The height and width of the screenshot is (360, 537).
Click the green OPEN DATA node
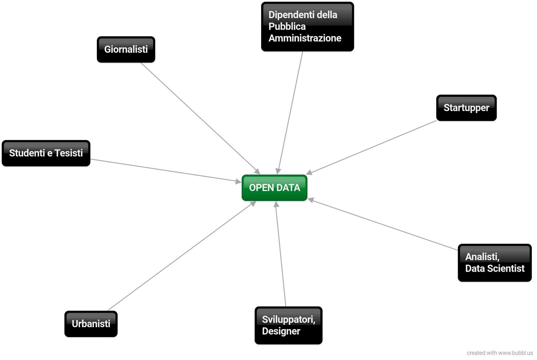[x=274, y=188]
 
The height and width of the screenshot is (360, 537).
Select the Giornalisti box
[x=126, y=50]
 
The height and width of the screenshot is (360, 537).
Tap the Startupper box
[x=466, y=108]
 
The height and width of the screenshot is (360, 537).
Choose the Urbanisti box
[x=91, y=324]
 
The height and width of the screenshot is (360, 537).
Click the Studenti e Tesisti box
[x=46, y=153]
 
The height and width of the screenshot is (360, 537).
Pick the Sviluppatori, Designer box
[x=288, y=325]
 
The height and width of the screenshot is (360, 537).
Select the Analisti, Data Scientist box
[x=495, y=263]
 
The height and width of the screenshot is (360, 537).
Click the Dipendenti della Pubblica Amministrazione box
[x=307, y=27]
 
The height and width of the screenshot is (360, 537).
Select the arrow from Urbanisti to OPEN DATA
[x=181, y=256]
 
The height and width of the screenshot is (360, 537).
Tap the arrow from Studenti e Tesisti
[x=165, y=170]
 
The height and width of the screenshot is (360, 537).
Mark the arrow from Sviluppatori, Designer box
[x=281, y=253]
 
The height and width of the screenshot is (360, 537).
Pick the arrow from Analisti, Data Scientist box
[x=384, y=225]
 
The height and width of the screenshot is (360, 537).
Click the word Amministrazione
[x=305, y=38]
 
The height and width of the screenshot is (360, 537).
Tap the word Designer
[x=281, y=331]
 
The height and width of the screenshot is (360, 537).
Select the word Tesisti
[x=69, y=153]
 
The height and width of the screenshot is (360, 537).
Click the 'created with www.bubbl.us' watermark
[x=499, y=353]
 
